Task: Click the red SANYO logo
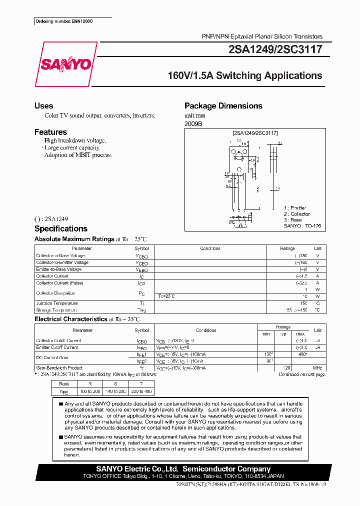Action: click(x=65, y=65)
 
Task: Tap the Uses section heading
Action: click(x=43, y=106)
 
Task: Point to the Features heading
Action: click(x=50, y=132)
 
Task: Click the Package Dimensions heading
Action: click(x=223, y=106)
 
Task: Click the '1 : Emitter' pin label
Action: click(x=295, y=208)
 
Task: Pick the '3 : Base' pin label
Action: click(x=292, y=220)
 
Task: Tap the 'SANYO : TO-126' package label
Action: click(x=302, y=226)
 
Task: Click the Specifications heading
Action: click(x=60, y=229)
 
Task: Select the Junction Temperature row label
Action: click(x=57, y=303)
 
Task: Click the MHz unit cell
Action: click(x=317, y=367)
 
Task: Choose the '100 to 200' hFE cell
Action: click(x=90, y=391)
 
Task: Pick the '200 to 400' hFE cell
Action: click(x=142, y=391)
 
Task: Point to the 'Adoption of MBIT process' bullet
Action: click(x=77, y=155)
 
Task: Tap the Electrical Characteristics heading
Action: click(x=71, y=319)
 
